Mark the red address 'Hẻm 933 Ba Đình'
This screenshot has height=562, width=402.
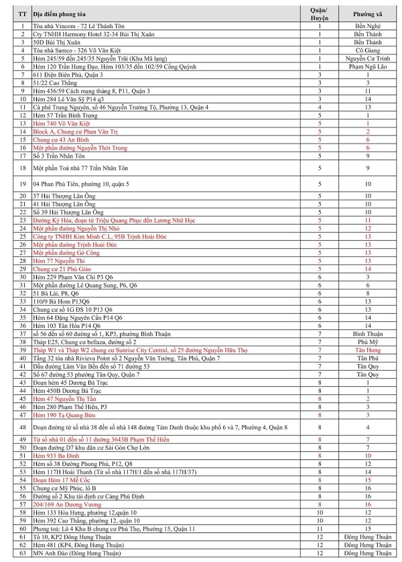click(55, 455)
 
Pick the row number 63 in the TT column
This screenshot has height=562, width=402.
click(23, 553)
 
